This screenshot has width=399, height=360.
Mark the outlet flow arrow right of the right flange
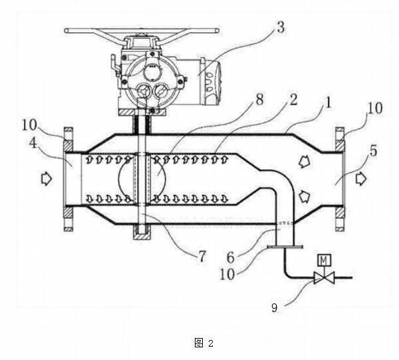360,178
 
